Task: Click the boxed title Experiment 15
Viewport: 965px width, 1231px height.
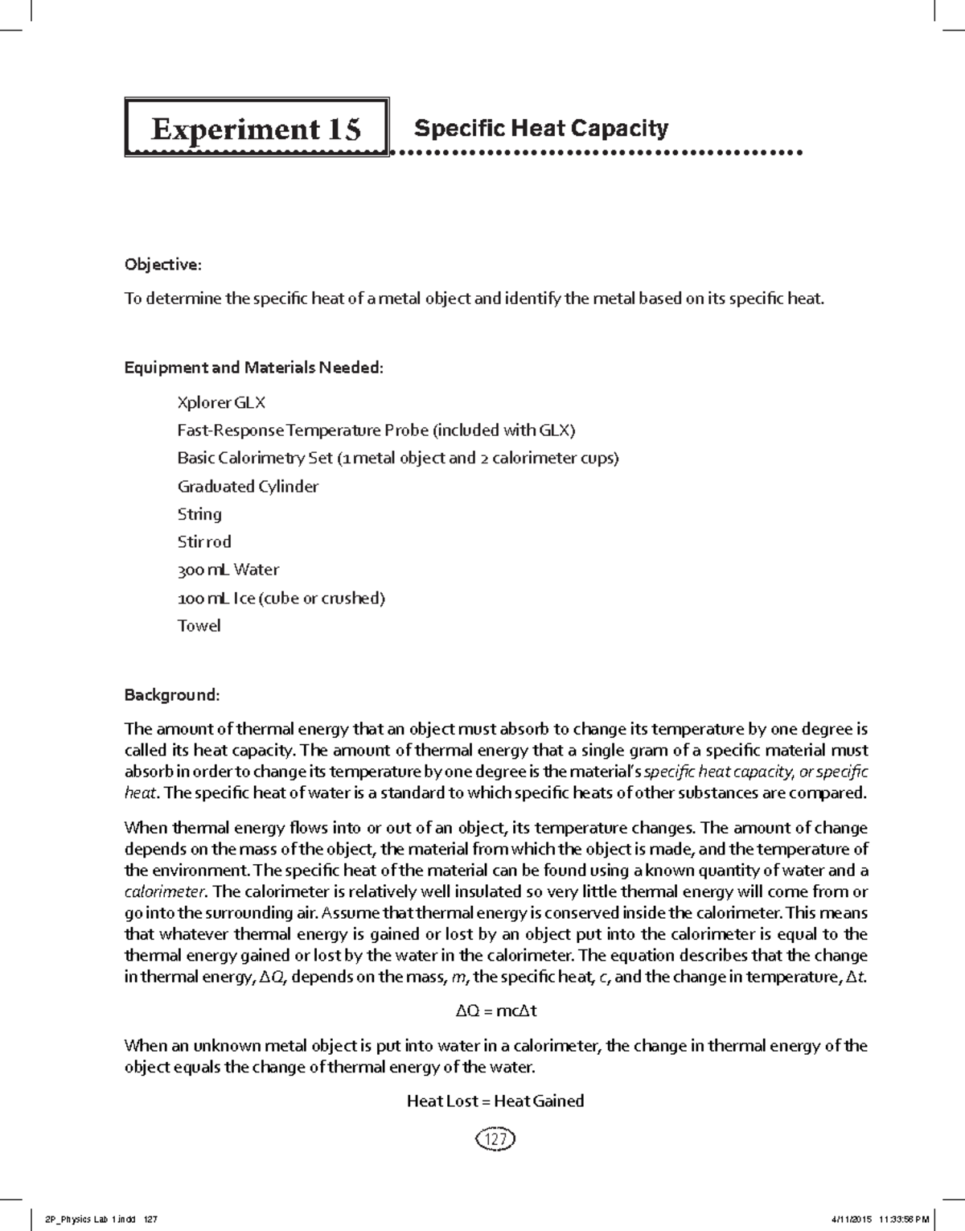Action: (x=257, y=129)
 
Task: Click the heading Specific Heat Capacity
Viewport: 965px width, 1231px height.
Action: (x=540, y=128)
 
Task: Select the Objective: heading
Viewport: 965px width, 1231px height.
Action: (x=162, y=265)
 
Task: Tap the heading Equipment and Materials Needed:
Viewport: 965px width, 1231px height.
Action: (x=254, y=368)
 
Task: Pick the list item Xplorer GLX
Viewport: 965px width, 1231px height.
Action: (x=221, y=402)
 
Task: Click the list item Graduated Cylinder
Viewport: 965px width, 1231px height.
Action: (x=248, y=486)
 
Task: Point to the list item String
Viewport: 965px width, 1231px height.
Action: (x=199, y=514)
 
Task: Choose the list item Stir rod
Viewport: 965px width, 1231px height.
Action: (x=204, y=541)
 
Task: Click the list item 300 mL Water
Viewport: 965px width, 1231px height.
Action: (x=228, y=570)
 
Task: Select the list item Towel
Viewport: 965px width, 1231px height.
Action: (x=199, y=625)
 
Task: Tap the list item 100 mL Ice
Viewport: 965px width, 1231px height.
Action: (x=281, y=598)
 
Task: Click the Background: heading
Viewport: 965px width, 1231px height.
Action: (x=172, y=694)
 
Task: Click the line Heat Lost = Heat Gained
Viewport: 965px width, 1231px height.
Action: (x=495, y=1101)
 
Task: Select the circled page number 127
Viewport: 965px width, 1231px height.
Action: (x=495, y=1139)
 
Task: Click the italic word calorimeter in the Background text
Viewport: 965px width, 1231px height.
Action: (x=166, y=891)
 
